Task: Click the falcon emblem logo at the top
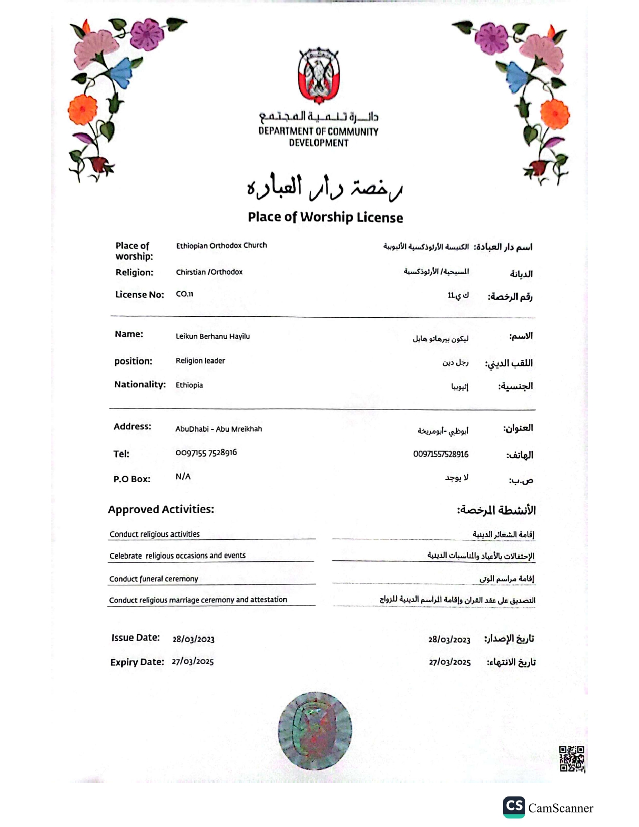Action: pos(319,75)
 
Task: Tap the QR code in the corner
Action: pos(572,759)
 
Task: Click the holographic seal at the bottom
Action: pos(315,730)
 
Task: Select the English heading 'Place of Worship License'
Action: pos(325,217)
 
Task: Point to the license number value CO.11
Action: pos(184,294)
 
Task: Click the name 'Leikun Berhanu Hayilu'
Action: pos(212,336)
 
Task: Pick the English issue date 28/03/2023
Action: pos(193,639)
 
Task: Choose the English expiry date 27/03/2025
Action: pos(192,662)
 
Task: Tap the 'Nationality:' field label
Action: pos(140,384)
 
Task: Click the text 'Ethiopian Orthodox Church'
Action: pos(221,246)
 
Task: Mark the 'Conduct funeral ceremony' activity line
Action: pos(154,579)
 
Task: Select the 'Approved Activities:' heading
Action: pos(161,509)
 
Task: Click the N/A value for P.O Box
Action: pos(183,477)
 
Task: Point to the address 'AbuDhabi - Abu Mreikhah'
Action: pos(219,429)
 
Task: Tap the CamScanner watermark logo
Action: pos(514,806)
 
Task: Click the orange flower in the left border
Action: pos(83,110)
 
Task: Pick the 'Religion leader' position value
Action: pos(200,361)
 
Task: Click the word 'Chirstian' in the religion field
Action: pos(190,272)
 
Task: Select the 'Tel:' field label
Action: pos(121,454)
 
